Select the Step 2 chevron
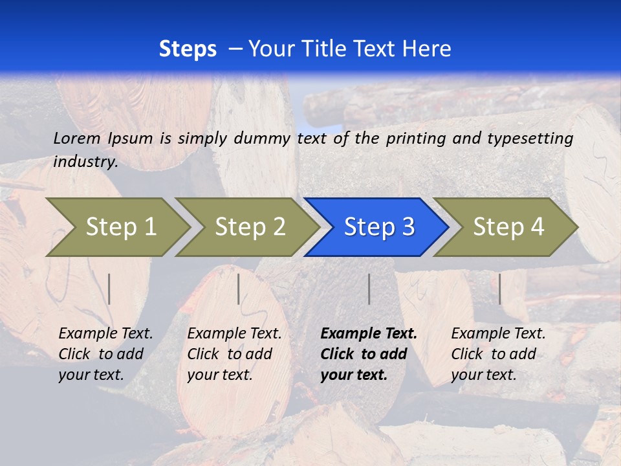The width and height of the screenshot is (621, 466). pyautogui.click(x=250, y=227)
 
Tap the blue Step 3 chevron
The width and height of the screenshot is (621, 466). pyautogui.click(x=379, y=227)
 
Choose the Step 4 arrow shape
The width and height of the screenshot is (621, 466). pyautogui.click(x=508, y=227)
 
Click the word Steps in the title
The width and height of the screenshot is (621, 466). pyautogui.click(x=188, y=49)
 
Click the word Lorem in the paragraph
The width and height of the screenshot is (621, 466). pyautogui.click(x=77, y=138)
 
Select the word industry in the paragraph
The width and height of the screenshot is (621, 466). pyautogui.click(x=85, y=162)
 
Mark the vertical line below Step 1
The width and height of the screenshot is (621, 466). pyautogui.click(x=109, y=289)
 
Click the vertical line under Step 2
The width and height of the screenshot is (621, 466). pyautogui.click(x=239, y=289)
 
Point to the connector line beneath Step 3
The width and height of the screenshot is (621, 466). pyautogui.click(x=369, y=289)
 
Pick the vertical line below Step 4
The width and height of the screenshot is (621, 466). pyautogui.click(x=499, y=289)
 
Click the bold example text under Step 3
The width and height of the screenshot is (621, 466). pyautogui.click(x=367, y=354)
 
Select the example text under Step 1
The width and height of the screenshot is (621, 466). pyautogui.click(x=105, y=354)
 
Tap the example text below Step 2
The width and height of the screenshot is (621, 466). pyautogui.click(x=234, y=354)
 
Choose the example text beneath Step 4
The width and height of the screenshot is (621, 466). pyautogui.click(x=497, y=354)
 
